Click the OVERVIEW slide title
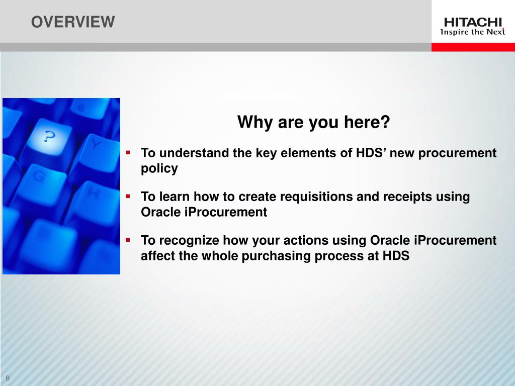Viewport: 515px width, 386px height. [73, 22]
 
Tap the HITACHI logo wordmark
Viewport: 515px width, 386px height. [473, 22]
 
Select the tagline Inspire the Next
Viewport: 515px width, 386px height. [473, 32]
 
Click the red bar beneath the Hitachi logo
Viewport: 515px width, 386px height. [473, 47]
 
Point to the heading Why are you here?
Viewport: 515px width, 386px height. [313, 122]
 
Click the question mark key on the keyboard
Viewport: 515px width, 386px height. [49, 137]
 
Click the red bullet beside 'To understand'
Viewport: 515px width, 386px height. [128, 152]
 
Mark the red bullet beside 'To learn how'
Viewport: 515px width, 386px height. [128, 197]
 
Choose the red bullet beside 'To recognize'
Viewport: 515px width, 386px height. [128, 240]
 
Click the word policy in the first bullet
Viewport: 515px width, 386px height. [159, 169]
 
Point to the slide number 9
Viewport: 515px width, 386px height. [8, 378]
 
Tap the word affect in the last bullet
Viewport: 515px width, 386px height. [157, 256]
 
